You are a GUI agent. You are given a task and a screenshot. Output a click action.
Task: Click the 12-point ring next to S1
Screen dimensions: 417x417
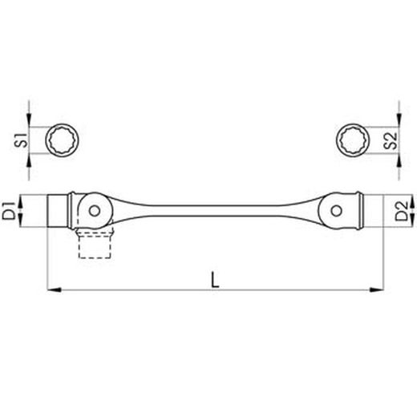pos(62,141)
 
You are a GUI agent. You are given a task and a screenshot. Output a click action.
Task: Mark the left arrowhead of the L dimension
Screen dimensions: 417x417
pos(54,289)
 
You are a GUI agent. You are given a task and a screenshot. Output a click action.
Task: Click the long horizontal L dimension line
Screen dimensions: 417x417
pos(160,289)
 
